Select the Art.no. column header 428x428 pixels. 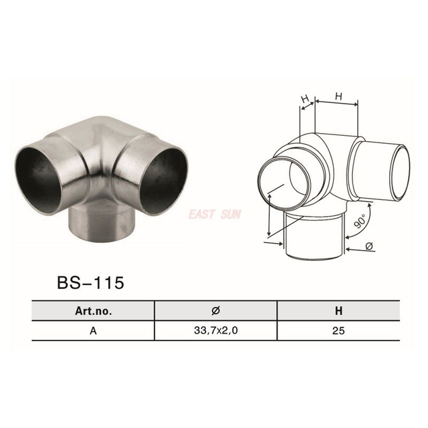coord(93,311)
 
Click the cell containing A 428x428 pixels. coord(93,331)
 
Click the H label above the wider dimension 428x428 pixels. coord(338,96)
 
